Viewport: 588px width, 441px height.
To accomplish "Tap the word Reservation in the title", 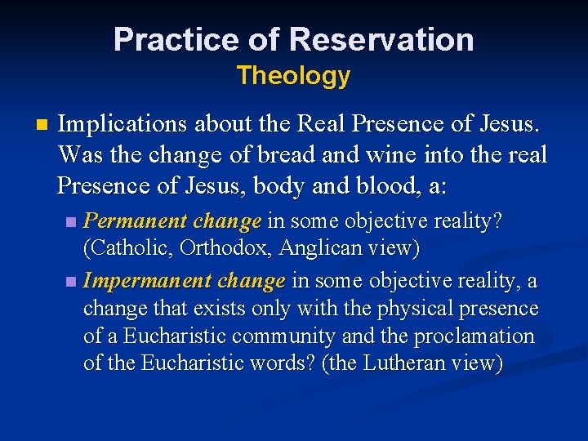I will (x=381, y=39).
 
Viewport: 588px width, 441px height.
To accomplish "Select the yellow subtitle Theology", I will (x=293, y=76).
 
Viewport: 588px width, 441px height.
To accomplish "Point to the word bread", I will (x=294, y=155).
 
